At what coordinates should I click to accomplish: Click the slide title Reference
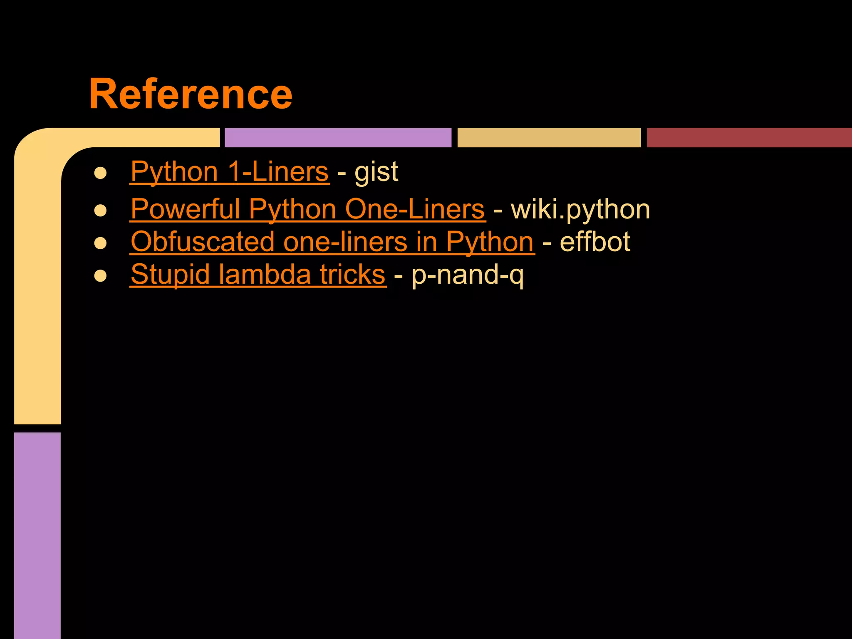[191, 94]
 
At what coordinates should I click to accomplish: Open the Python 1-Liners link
[230, 171]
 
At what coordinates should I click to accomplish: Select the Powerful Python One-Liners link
[308, 209]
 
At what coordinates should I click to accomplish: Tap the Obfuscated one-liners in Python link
[332, 242]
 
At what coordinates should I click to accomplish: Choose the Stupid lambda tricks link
[258, 275]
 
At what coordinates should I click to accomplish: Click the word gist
[376, 172]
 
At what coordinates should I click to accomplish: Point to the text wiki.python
[580, 209]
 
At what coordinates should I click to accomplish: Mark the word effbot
[595, 242]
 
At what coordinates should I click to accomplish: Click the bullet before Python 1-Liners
[101, 173]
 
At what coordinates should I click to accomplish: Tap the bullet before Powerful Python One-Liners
[101, 211]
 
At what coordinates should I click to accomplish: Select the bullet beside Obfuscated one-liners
[101, 243]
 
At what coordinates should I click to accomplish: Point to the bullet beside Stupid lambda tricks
[101, 276]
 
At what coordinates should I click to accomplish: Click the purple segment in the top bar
[338, 138]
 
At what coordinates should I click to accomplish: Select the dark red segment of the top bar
[749, 138]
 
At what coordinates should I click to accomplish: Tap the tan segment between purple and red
[549, 138]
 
